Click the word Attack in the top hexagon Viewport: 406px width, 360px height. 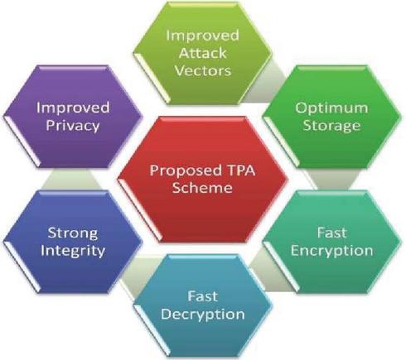203,52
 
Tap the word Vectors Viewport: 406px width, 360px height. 203,70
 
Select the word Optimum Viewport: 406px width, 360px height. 331,108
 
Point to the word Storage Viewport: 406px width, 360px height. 331,126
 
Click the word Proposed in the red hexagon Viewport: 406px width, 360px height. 183,171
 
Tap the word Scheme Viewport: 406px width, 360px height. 202,188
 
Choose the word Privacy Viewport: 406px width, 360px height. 73,126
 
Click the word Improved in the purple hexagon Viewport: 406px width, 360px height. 73,108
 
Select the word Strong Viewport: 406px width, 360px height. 73,234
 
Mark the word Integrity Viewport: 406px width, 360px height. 73,252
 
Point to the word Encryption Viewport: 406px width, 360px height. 331,252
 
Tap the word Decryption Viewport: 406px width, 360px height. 203,314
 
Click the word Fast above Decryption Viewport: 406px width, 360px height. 203,296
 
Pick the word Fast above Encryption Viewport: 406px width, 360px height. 331,233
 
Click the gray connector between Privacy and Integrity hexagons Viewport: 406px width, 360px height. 72,180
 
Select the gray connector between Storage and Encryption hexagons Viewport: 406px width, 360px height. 331,180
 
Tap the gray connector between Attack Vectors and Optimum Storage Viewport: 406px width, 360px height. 265,83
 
